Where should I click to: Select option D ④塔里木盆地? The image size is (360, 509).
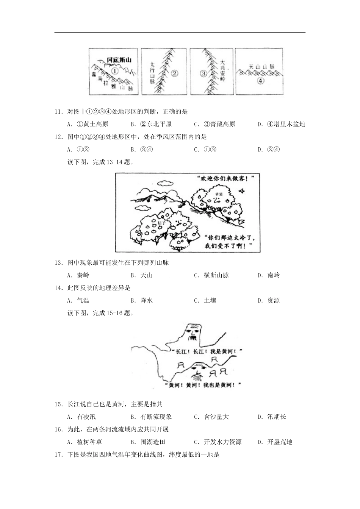click(281, 124)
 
